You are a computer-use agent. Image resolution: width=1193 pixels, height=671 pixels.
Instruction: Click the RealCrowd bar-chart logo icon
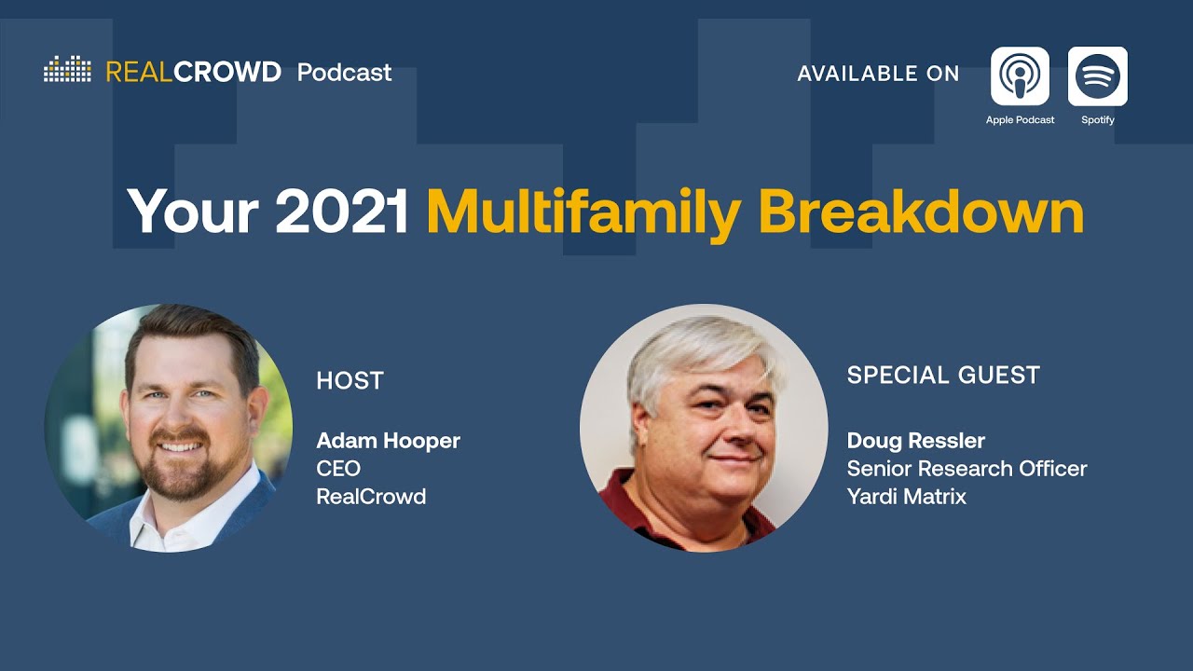coord(67,70)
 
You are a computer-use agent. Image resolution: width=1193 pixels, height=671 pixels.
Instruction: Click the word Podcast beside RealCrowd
coord(344,73)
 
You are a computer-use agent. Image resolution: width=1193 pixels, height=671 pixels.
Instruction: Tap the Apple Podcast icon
coord(1020,76)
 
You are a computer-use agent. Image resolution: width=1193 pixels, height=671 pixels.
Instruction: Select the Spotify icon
coord(1097,76)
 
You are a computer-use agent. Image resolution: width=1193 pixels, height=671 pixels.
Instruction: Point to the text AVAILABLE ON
coord(878,75)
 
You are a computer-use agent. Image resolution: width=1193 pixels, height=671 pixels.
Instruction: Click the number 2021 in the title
coord(342,212)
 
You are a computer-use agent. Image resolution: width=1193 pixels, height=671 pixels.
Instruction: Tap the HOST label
coord(350,381)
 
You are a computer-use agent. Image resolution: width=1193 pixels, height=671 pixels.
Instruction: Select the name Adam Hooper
coord(388,441)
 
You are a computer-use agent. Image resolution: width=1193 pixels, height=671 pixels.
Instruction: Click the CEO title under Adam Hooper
coord(338,469)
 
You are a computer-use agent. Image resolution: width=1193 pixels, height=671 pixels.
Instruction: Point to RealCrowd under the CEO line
coord(371,497)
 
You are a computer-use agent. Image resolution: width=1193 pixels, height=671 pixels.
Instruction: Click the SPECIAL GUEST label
coord(943,376)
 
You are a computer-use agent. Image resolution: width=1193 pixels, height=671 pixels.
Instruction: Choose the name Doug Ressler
coord(915,441)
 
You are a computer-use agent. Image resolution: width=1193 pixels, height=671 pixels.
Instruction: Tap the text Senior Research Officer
coord(967,469)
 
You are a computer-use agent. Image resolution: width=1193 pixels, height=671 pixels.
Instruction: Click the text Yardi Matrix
coord(906,497)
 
